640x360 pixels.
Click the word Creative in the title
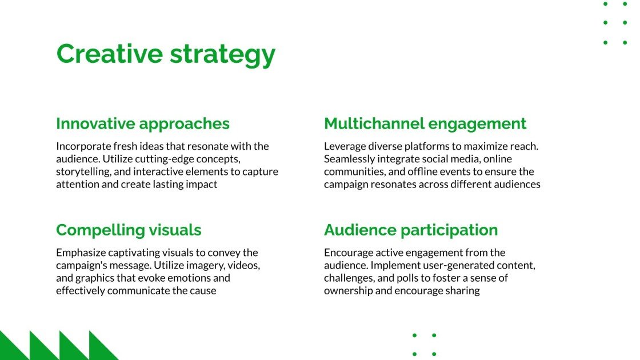click(x=109, y=54)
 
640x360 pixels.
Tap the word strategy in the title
click(x=222, y=55)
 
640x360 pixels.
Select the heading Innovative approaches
click(x=143, y=123)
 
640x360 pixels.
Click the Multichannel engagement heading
click(x=425, y=123)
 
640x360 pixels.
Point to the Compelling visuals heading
click(x=129, y=230)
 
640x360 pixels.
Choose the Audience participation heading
click(x=411, y=230)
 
